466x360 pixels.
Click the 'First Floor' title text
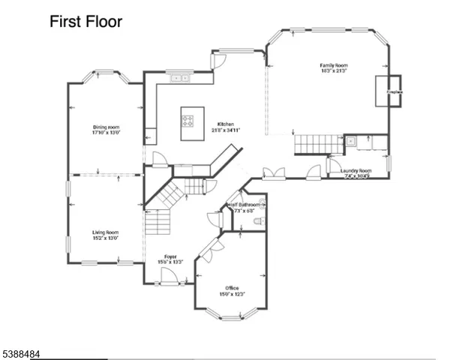point(86,22)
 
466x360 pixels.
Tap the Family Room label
point(333,66)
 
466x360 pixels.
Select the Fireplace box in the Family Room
point(394,91)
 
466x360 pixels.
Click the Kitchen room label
point(225,124)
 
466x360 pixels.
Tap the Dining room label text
point(106,127)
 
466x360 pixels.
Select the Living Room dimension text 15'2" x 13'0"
point(106,238)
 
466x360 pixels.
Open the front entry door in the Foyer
point(169,279)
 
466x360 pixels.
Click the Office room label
point(232,288)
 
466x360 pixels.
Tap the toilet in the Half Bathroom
point(259,221)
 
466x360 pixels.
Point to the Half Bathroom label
point(247,205)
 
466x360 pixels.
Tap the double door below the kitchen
point(273,174)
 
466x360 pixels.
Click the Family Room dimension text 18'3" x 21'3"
point(333,71)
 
